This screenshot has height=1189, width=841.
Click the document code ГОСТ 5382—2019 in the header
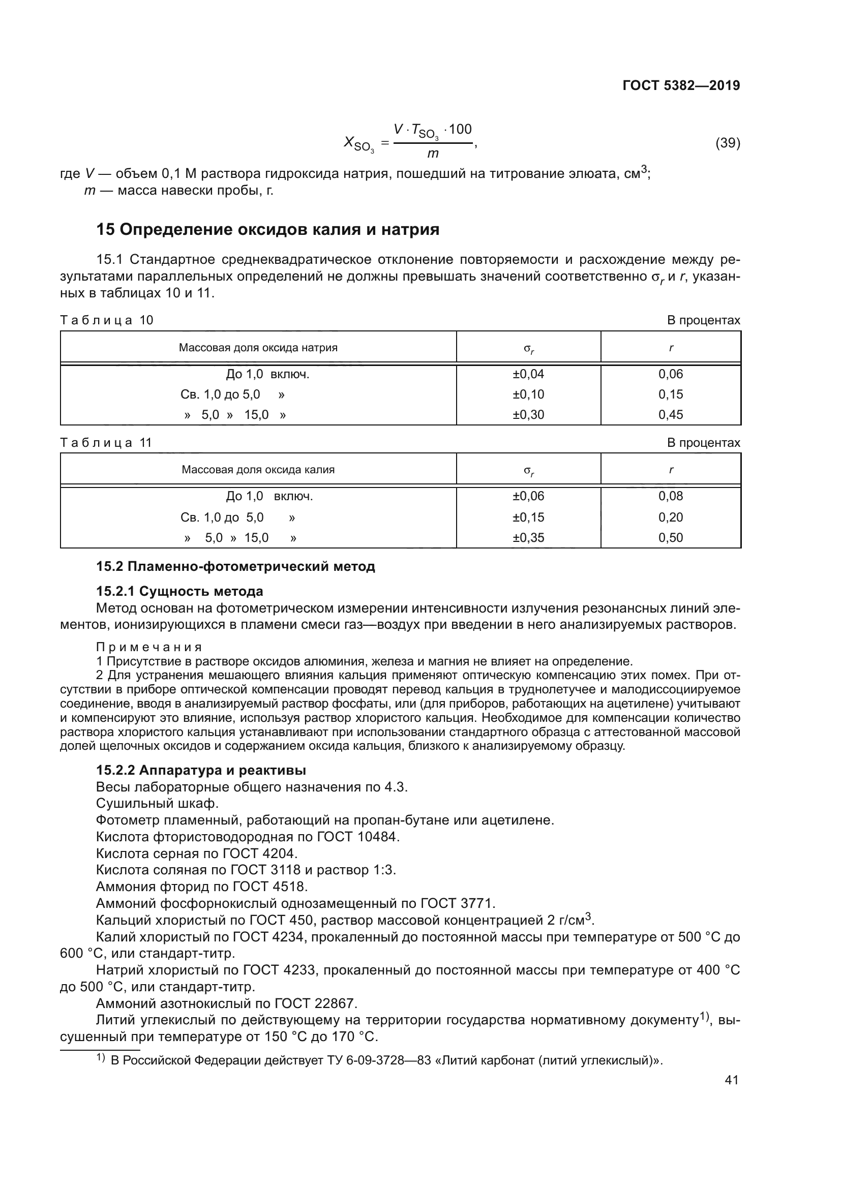tap(681, 85)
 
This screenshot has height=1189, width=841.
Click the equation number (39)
tap(728, 143)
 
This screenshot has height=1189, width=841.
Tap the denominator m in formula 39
tap(432, 154)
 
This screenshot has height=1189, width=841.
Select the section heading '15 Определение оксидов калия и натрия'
tap(268, 229)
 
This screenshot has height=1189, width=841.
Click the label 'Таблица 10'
tap(107, 320)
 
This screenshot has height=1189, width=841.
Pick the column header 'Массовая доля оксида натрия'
tap(258, 348)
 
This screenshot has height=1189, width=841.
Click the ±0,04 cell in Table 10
tap(528, 374)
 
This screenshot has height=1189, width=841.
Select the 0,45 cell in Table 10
tap(671, 414)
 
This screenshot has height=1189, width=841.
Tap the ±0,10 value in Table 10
tap(528, 394)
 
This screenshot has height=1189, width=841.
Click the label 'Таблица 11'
tap(106, 443)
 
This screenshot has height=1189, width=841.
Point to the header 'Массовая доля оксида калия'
tap(258, 470)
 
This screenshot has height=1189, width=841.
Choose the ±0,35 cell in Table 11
tap(528, 537)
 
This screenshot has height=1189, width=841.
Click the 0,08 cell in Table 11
tap(671, 496)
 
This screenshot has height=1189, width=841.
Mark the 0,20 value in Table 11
tap(671, 517)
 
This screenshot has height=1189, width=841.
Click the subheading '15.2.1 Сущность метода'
tap(179, 591)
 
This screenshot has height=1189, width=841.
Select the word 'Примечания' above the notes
tap(149, 647)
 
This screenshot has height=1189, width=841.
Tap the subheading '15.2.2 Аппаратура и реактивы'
tap(201, 770)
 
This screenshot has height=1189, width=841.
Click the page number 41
tap(731, 1080)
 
